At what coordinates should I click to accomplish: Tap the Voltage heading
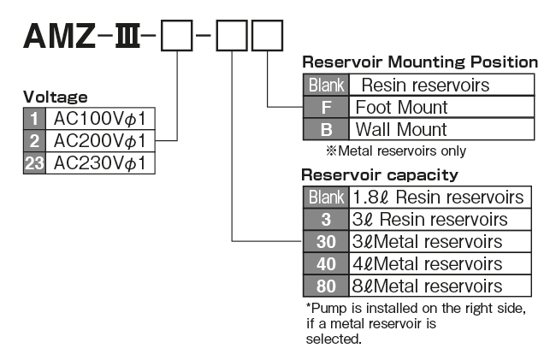tap(55, 97)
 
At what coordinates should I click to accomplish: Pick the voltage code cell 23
tap(34, 162)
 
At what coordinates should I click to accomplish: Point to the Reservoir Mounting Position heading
tap(420, 62)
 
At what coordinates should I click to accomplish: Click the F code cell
tap(326, 108)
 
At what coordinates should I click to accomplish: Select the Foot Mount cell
tap(401, 108)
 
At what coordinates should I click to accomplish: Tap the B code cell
tap(326, 130)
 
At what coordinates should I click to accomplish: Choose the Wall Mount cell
tap(401, 130)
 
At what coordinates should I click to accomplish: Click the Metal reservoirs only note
tap(395, 150)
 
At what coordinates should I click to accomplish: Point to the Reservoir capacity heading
tap(380, 175)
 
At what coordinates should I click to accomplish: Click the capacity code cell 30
tap(326, 241)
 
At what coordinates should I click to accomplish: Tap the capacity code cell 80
tap(326, 286)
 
